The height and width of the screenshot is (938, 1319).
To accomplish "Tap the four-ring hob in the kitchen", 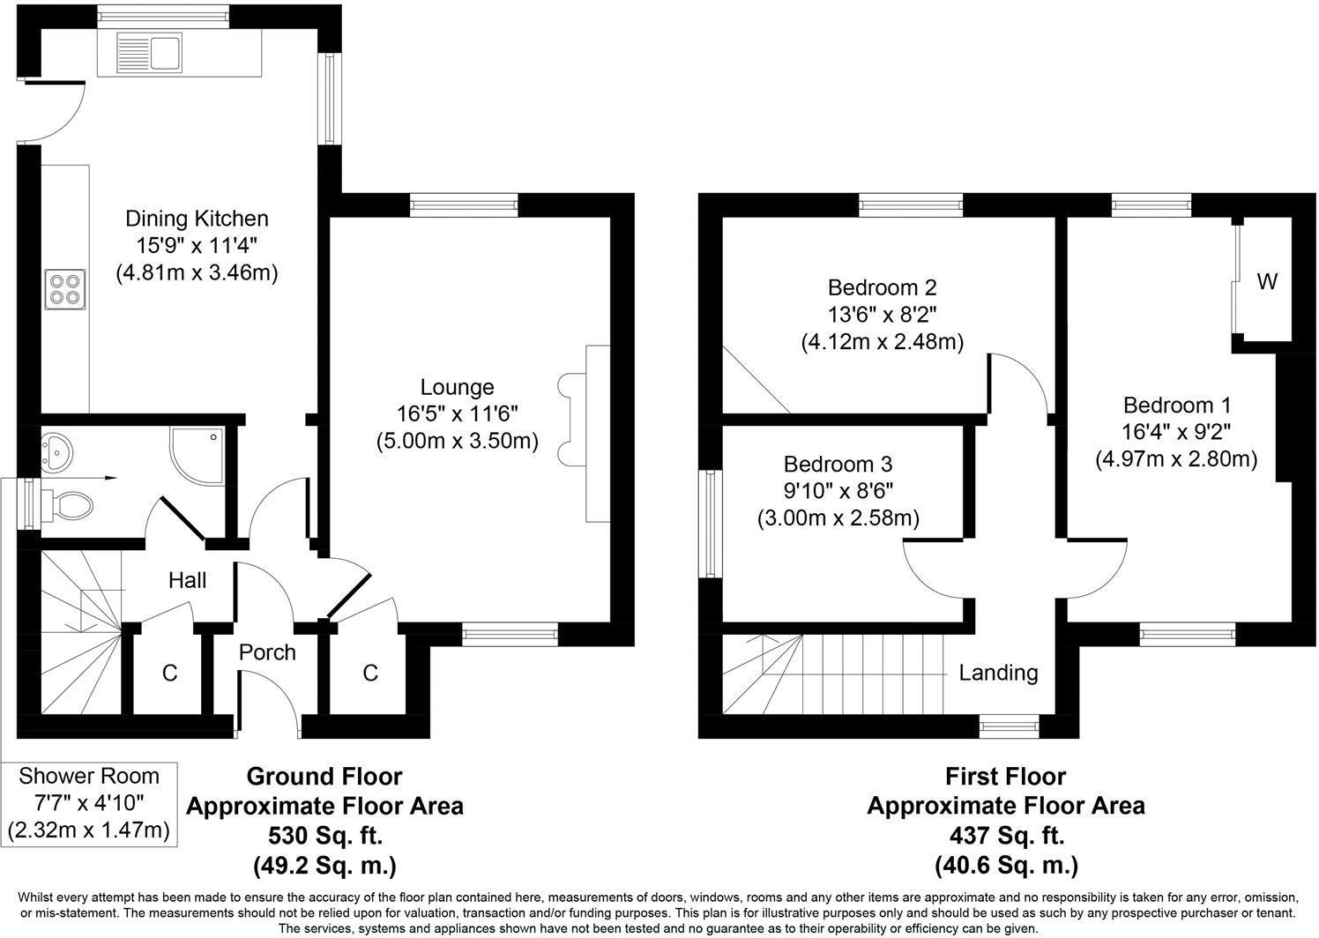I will (63, 288).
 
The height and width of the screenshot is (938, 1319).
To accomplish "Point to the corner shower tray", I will (196, 455).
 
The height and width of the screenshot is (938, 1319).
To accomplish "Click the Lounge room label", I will (457, 387).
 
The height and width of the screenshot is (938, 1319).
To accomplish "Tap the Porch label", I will (267, 652).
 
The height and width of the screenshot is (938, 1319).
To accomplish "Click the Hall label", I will (187, 580).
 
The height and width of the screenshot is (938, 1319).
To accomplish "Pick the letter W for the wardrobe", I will (1266, 282).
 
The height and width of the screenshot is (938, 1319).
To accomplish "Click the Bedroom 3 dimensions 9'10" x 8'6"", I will (838, 491).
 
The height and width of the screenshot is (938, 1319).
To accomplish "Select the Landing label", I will (998, 673).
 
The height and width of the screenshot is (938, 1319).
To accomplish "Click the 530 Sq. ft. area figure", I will (324, 836).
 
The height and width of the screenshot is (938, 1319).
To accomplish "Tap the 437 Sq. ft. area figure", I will (1005, 836).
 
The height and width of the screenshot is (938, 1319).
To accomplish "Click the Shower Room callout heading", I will (89, 776).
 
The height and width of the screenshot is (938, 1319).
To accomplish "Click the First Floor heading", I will (1005, 777).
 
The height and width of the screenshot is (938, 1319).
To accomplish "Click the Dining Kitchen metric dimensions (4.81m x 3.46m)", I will (197, 273).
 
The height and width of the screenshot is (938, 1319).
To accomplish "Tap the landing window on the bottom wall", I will (1010, 726).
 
